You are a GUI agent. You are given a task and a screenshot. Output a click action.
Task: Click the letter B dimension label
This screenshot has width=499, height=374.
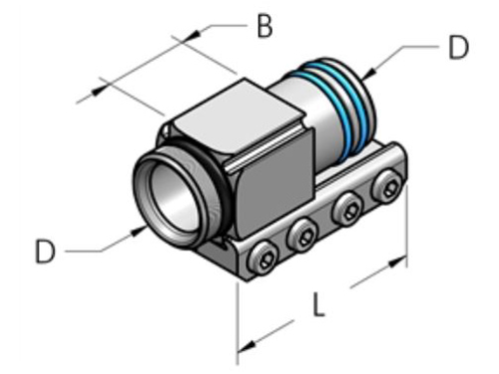coord(263,26)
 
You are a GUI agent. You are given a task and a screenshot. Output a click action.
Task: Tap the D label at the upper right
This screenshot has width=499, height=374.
coord(457,48)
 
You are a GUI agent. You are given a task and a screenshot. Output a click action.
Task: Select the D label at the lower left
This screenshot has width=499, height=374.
coord(46,251)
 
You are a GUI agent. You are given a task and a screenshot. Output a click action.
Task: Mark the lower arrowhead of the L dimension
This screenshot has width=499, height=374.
coord(244,345)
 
